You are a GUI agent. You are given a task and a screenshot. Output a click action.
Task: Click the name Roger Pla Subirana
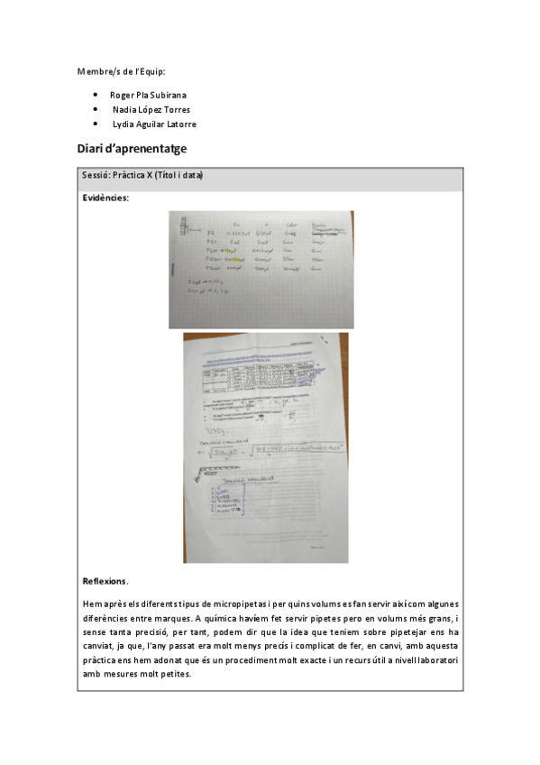pyautogui.click(x=148, y=95)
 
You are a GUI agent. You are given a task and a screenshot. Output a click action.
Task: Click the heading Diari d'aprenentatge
pyautogui.click(x=133, y=148)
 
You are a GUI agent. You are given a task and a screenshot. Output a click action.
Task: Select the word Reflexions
pyautogui.click(x=105, y=581)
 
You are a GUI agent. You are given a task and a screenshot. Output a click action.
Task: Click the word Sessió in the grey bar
pyautogui.click(x=96, y=175)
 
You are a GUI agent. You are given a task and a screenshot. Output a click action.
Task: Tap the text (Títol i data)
pyautogui.click(x=178, y=175)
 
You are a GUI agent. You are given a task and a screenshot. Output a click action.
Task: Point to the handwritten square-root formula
pyautogui.click(x=270, y=448)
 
